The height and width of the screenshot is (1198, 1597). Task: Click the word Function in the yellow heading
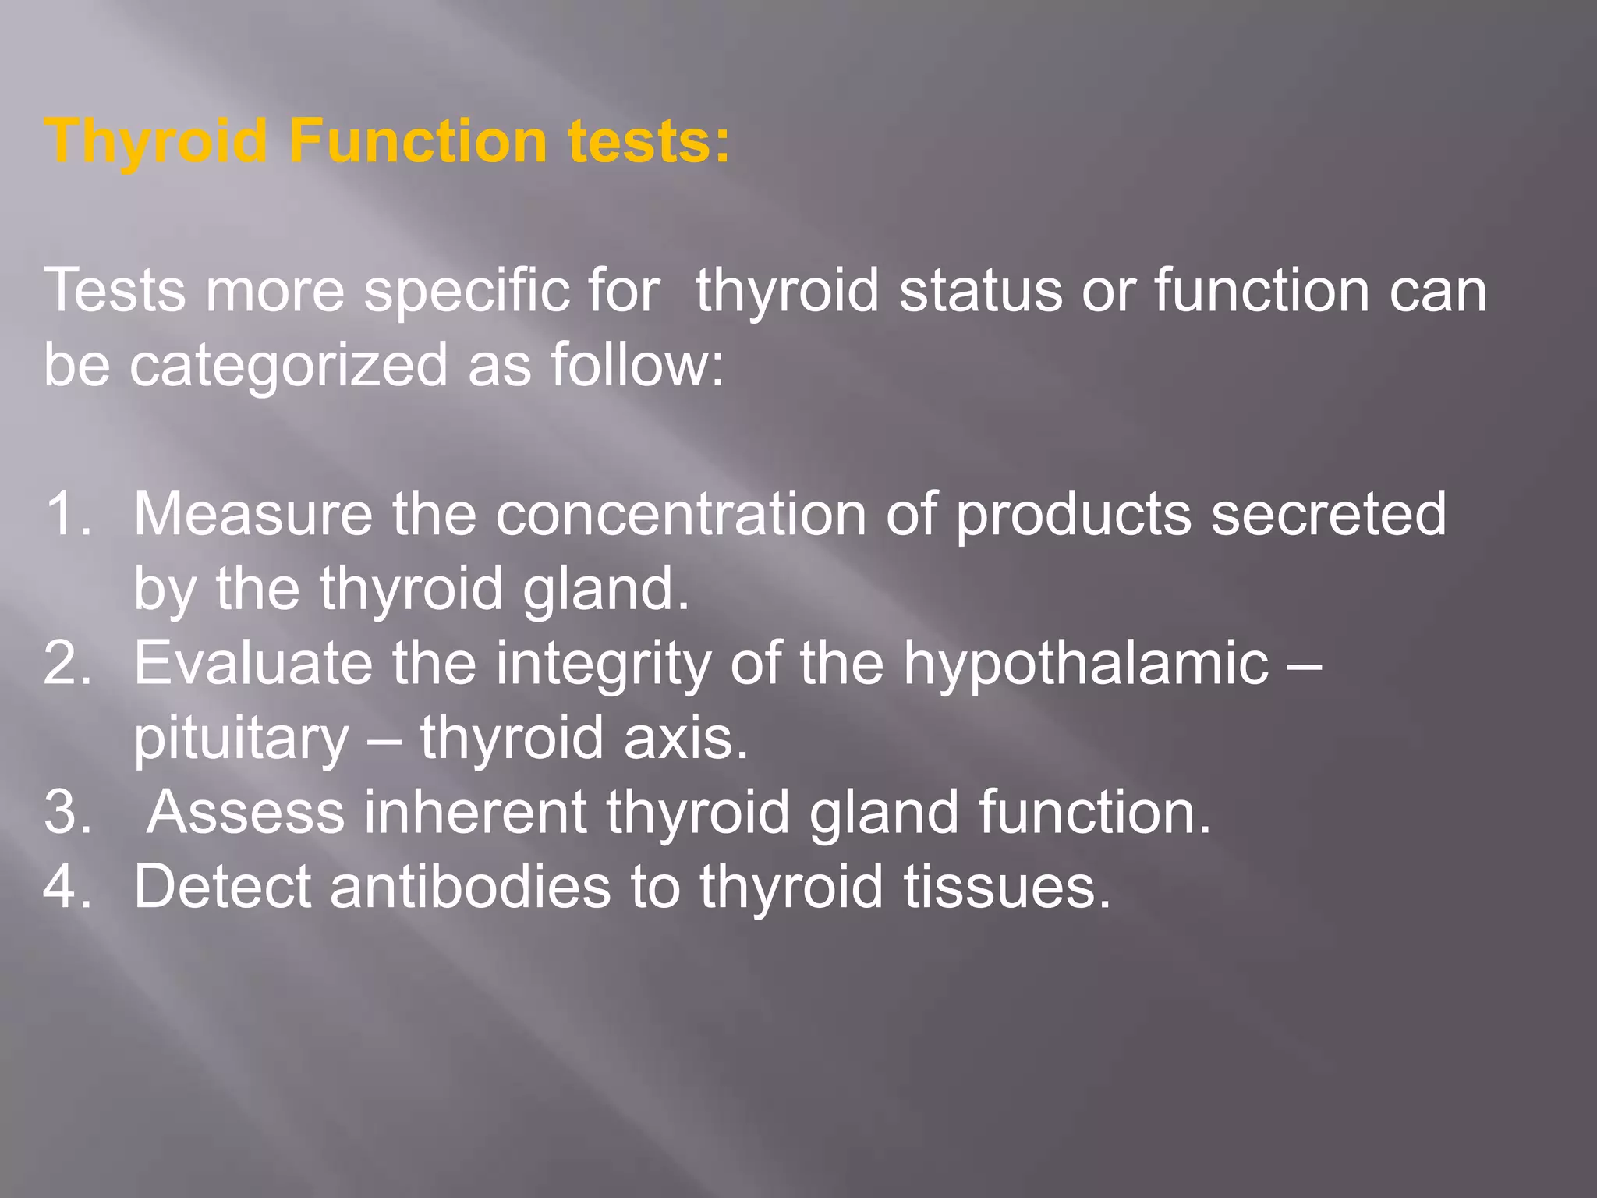tap(417, 141)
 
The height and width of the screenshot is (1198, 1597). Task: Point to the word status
tap(980, 290)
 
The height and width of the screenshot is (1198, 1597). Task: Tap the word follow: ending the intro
tap(637, 365)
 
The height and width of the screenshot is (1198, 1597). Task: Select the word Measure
tap(253, 513)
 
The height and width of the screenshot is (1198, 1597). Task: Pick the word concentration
tap(680, 515)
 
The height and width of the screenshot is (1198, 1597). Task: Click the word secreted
tap(1327, 515)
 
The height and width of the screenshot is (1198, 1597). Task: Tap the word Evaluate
tap(253, 663)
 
